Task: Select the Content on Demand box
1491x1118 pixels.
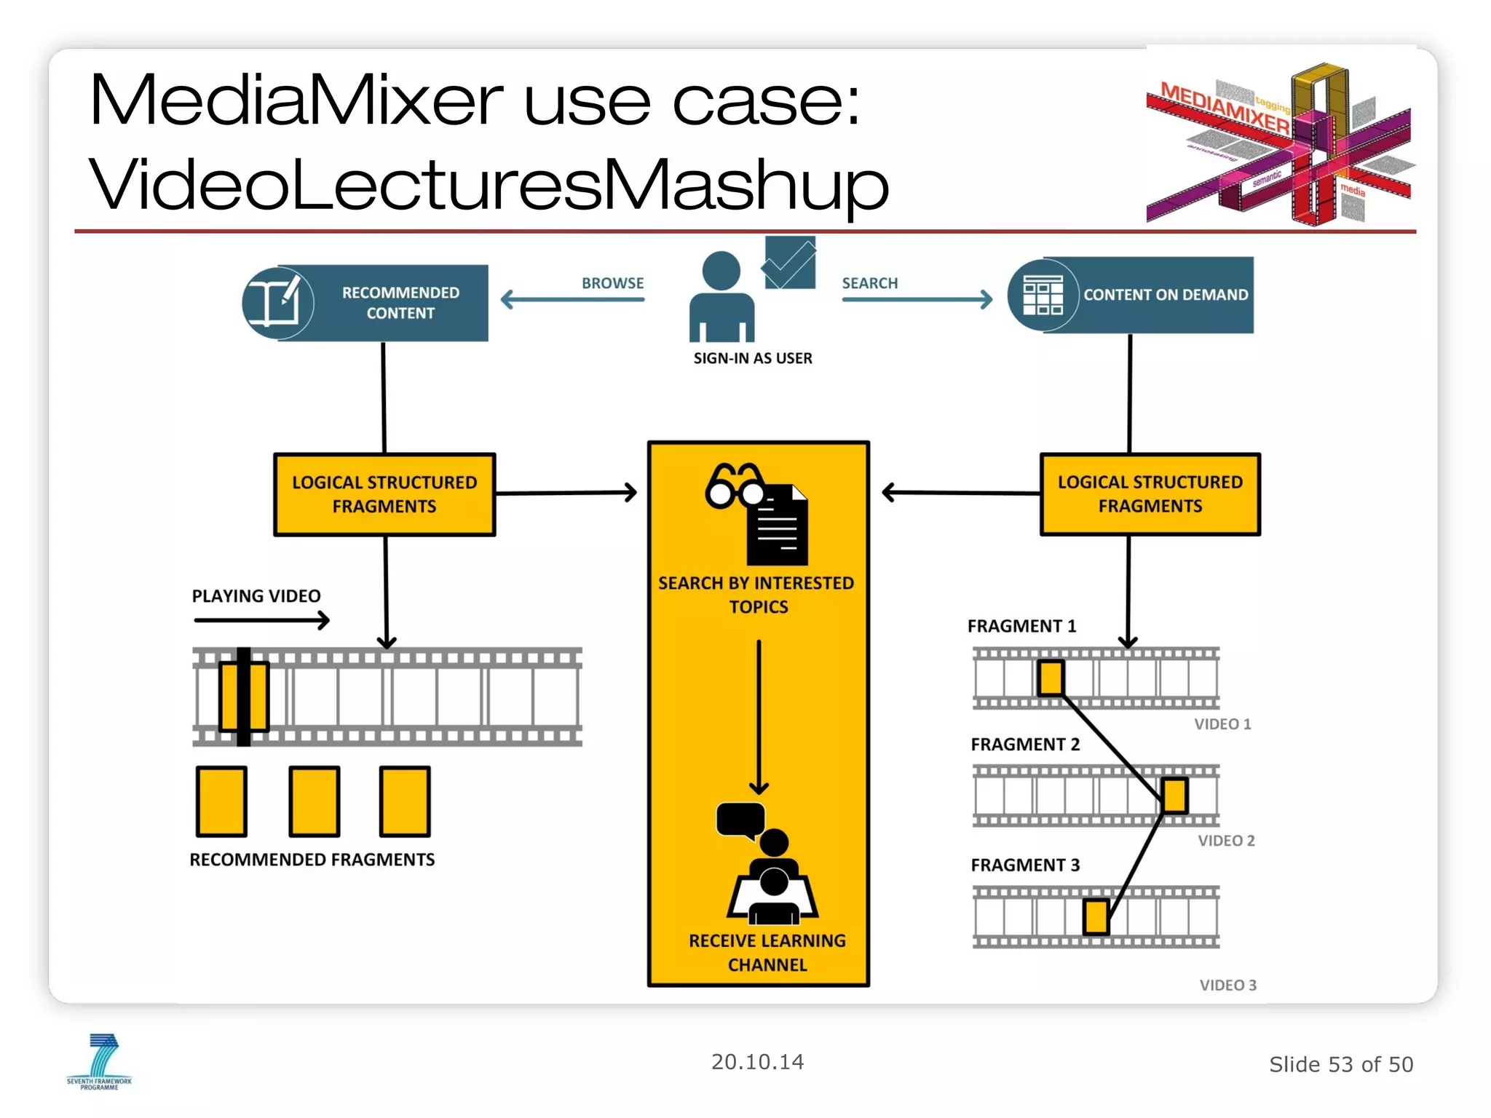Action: tap(1131, 295)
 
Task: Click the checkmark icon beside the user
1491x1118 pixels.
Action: tap(789, 263)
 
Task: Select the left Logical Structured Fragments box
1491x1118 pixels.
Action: tap(384, 494)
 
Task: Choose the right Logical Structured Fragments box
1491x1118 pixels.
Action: tap(1150, 494)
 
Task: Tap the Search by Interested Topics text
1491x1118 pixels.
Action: tap(756, 595)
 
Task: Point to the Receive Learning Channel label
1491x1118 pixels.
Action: tap(767, 952)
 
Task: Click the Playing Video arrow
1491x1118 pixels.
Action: tap(261, 620)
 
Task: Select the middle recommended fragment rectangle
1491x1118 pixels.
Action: tap(315, 801)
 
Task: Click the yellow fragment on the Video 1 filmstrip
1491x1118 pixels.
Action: tap(1051, 678)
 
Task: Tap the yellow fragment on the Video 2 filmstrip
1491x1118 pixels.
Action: tap(1174, 796)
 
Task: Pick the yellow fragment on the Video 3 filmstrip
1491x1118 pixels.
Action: tap(1096, 916)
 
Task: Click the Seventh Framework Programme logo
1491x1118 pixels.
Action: tap(100, 1062)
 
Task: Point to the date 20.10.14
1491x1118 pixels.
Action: tap(757, 1062)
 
